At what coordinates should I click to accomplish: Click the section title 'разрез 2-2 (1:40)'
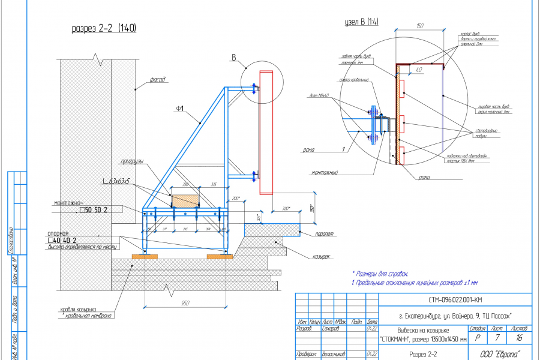click(104, 28)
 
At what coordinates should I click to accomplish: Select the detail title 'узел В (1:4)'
click(362, 22)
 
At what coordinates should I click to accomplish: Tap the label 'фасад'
click(158, 79)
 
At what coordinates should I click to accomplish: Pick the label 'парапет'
click(322, 235)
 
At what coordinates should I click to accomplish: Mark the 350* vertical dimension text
click(313, 208)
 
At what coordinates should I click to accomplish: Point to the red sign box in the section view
click(266, 133)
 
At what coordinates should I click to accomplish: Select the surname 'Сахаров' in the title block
click(331, 329)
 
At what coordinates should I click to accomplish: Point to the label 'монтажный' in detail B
click(325, 173)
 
